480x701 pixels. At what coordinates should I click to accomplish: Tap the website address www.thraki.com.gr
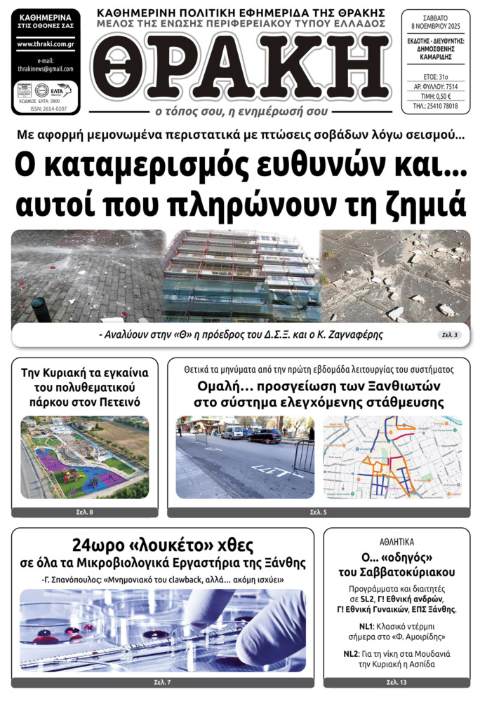pos(45,43)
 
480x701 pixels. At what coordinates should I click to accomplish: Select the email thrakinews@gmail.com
pos(45,69)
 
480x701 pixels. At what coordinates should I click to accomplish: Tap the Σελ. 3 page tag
pos(449,335)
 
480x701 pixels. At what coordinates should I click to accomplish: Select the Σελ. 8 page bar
pos(85,513)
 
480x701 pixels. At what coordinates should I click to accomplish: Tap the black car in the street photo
pos(263,436)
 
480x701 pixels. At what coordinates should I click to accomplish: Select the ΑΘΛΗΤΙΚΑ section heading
pos(396,542)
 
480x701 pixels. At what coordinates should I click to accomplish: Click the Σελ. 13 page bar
pos(396,682)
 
